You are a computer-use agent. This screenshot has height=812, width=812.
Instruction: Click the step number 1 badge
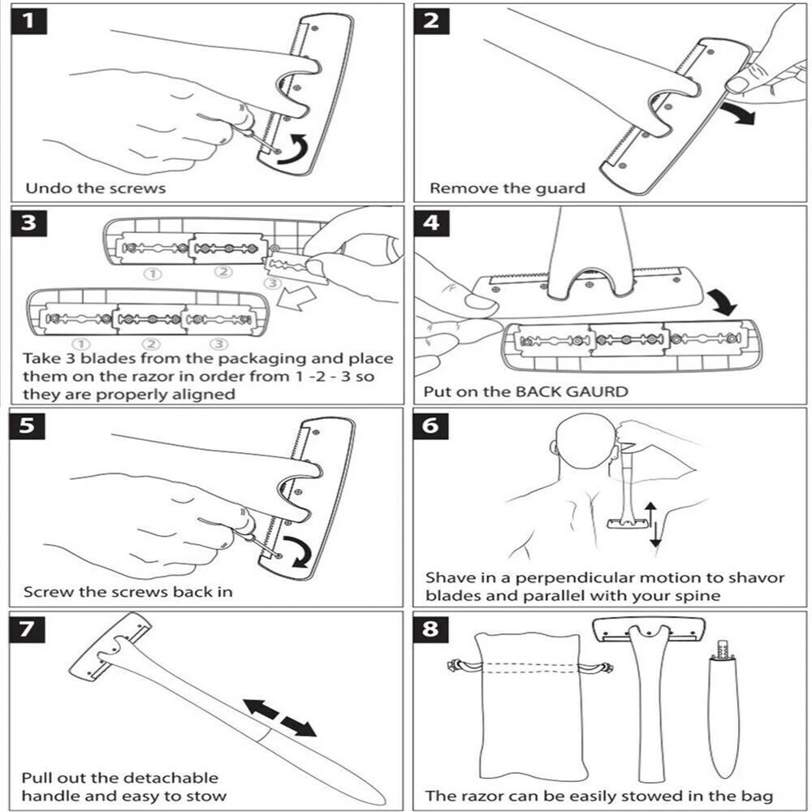pos(29,21)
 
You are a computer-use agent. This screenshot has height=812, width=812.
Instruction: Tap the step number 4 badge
pos(431,222)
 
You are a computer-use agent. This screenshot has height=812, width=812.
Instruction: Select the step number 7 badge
pos(29,628)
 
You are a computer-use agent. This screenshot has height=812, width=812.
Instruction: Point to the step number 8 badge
pos(431,628)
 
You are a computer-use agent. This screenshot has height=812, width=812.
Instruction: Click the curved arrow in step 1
pos(292,149)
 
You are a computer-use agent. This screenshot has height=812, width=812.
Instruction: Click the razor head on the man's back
pos(626,524)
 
